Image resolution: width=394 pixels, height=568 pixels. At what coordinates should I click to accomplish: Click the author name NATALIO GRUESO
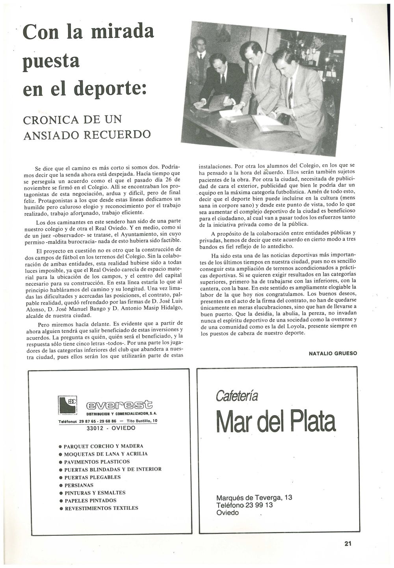coord(333,353)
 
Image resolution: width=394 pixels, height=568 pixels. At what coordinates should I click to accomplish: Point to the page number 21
coord(348,544)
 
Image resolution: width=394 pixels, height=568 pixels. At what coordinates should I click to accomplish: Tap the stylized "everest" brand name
coord(120,405)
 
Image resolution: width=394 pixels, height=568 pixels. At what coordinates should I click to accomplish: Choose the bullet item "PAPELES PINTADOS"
coord(91,501)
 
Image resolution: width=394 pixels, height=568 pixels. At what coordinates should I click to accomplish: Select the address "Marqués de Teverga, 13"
coord(254,497)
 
